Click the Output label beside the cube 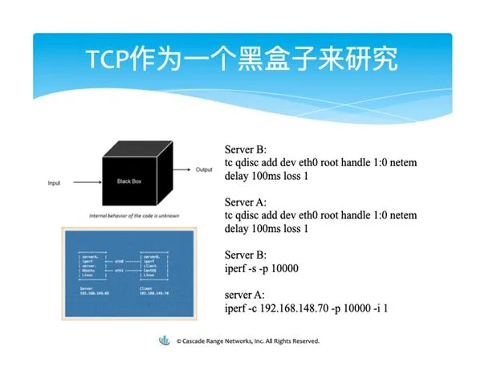[x=204, y=169]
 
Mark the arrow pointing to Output [x=184, y=170]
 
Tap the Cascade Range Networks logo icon [x=166, y=340]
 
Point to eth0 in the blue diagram [x=118, y=261]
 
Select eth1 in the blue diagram [x=118, y=271]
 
